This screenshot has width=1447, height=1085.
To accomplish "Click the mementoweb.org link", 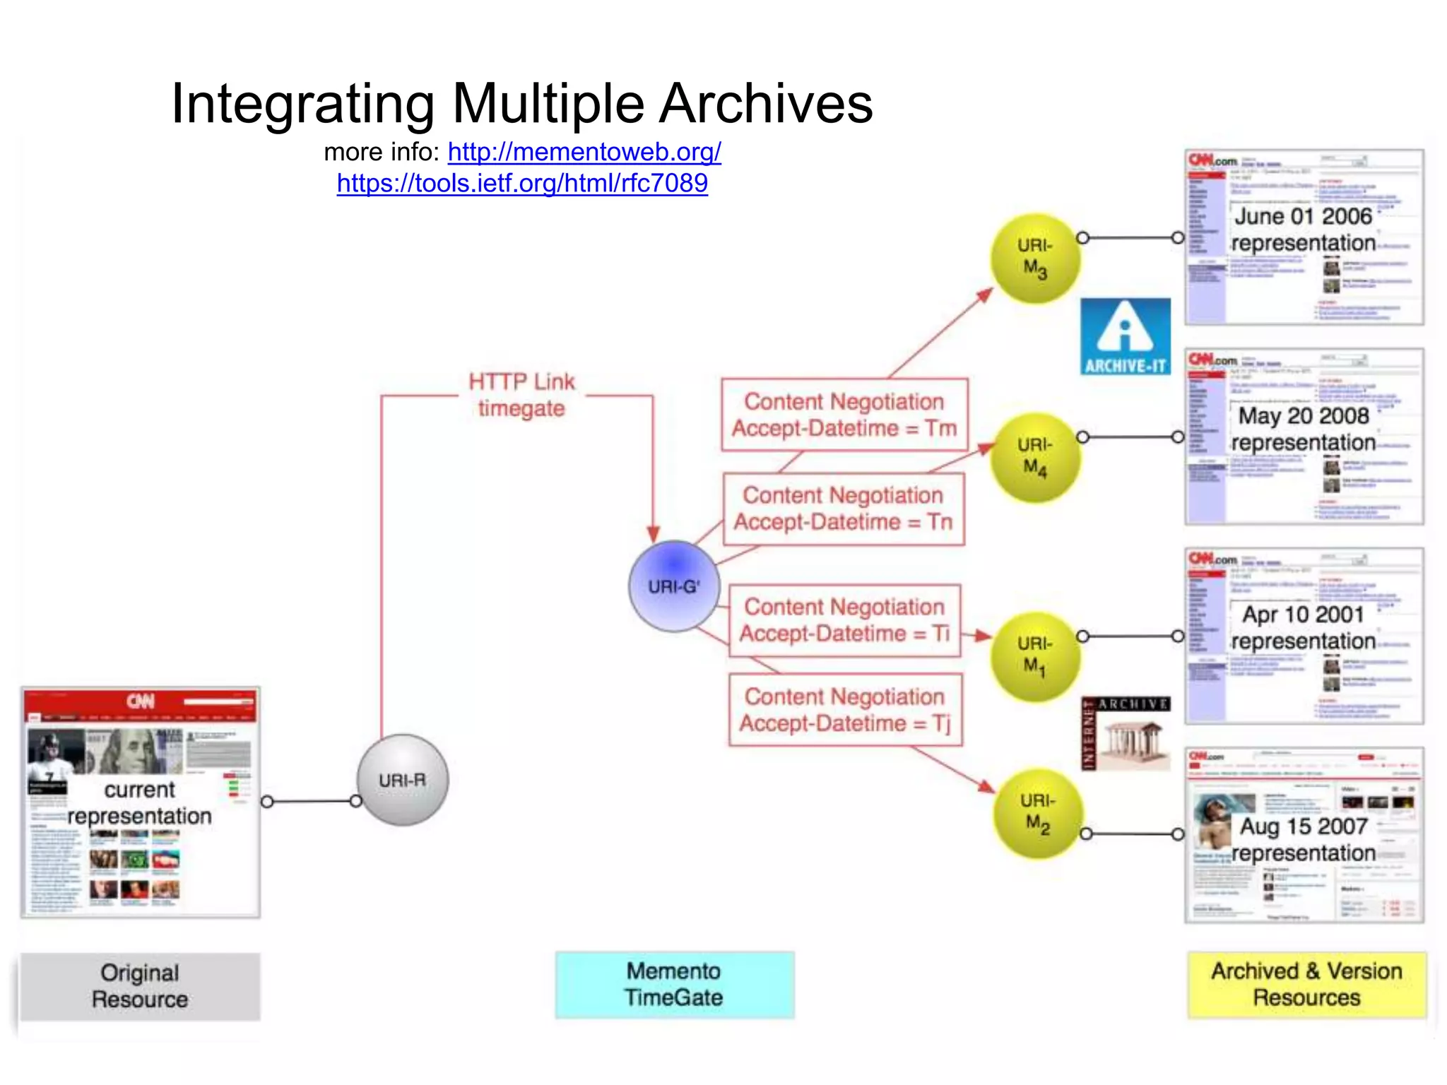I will [584, 152].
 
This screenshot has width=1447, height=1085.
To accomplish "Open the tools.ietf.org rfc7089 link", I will [522, 184].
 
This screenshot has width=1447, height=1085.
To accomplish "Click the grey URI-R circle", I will [402, 780].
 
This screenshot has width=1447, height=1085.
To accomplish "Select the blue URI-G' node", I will [674, 586].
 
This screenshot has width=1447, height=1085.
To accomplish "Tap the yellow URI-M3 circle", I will [1035, 258].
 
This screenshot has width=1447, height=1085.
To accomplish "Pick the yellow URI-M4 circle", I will [1035, 457].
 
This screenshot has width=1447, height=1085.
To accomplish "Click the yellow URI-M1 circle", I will [1035, 656].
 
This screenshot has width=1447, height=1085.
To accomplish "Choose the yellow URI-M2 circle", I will [1037, 813].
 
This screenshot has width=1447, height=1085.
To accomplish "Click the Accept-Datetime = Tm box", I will [844, 415].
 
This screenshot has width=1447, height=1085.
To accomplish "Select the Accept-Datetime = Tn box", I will [844, 509].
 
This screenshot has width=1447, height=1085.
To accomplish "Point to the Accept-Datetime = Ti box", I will [844, 620].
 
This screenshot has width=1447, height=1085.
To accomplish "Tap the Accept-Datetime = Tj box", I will [845, 710].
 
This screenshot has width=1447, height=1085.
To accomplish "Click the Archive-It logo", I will [1125, 337].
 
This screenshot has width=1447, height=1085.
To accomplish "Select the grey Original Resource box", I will [140, 986].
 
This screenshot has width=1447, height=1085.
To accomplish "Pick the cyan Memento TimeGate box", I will [674, 984].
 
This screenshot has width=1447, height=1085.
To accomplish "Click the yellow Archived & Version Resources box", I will [1306, 984].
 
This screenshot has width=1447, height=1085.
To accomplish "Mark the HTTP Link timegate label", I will [521, 395].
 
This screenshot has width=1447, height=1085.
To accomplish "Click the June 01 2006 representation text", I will [1303, 230].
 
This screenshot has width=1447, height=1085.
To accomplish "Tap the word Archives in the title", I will [766, 104].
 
